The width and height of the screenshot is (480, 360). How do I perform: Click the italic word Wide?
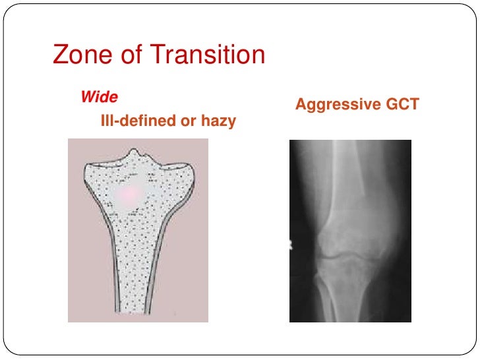click(x=99, y=98)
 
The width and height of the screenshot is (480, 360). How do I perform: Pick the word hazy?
click(x=218, y=121)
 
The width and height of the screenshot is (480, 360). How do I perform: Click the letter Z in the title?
click(x=59, y=55)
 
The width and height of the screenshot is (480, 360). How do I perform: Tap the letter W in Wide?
click(x=87, y=98)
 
